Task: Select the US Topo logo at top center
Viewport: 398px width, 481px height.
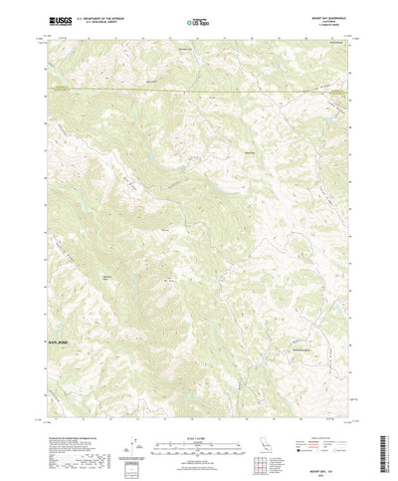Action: pyautogui.click(x=197, y=20)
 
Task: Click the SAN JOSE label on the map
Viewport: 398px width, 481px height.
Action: pyautogui.click(x=60, y=342)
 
